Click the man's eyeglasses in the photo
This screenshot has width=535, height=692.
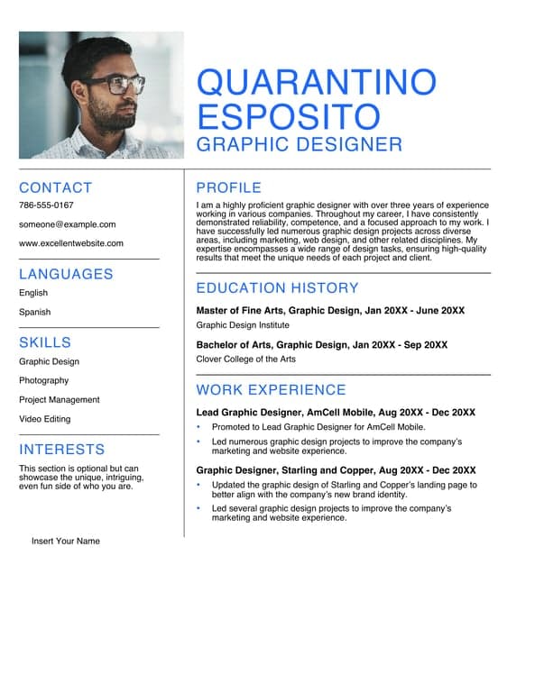123,86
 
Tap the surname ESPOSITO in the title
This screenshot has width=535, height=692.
288,117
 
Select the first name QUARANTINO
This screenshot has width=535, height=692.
316,83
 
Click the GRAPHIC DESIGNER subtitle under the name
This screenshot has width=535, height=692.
299,144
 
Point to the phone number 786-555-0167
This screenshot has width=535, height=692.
46,205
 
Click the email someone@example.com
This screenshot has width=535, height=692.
67,224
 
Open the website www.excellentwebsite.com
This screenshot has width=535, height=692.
71,243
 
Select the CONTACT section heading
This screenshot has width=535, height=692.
55,187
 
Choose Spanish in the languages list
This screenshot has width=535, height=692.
34,312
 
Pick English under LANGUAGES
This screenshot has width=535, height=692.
33,293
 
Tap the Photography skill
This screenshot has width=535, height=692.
43,380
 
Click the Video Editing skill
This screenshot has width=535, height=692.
44,419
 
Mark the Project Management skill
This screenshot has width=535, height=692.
60,400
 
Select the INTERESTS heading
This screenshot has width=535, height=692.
61,450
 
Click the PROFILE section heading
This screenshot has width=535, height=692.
228,187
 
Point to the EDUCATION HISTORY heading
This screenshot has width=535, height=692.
277,288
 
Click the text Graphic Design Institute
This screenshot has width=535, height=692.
243,325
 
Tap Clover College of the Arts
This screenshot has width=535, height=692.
245,360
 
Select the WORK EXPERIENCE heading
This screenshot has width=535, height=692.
271,390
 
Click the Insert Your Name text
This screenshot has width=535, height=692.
66,542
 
